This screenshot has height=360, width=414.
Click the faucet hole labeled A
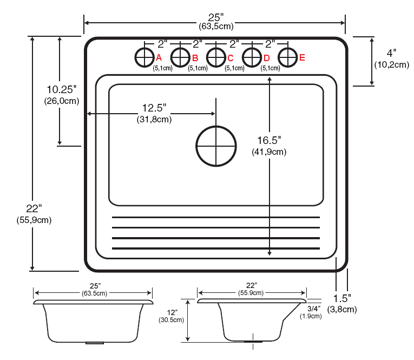coord(144,56)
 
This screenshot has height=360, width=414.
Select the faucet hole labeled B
coord(180,56)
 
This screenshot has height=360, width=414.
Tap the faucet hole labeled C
coord(216,56)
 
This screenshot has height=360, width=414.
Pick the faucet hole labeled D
coord(252,56)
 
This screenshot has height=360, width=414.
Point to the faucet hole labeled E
coord(288,56)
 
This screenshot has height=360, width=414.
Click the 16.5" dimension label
coord(269,140)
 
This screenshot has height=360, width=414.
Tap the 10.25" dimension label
coord(62,89)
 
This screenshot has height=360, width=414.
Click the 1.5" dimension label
coord(342,298)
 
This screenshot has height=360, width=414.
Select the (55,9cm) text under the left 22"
coord(35,220)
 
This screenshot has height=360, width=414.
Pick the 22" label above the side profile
coord(251,285)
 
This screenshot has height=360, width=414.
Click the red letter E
coord(302,57)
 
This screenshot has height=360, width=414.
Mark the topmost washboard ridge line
coord(215,217)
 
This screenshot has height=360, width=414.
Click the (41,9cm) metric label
coord(269,152)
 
